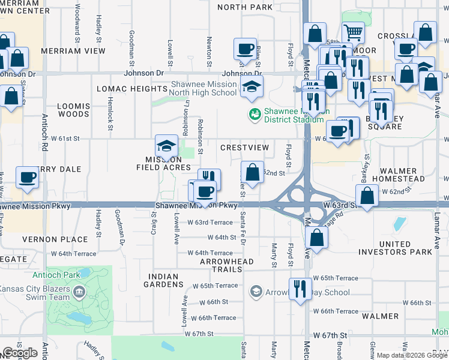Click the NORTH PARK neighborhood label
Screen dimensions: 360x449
pyautogui.click(x=244, y=7)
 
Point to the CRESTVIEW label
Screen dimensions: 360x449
pyautogui.click(x=244, y=148)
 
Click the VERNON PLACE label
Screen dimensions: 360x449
pyautogui.click(x=64, y=239)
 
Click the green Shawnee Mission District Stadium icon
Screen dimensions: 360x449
pyautogui.click(x=255, y=113)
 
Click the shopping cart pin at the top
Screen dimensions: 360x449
pyautogui.click(x=354, y=32)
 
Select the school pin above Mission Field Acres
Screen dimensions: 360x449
pyautogui.click(x=166, y=145)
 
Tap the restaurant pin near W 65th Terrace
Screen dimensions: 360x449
pyautogui.click(x=300, y=288)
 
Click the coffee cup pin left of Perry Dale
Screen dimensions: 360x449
pyautogui.click(x=28, y=177)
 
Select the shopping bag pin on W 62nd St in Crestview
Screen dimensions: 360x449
pyautogui.click(x=253, y=172)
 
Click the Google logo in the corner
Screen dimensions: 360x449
pyautogui.click(x=19, y=353)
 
